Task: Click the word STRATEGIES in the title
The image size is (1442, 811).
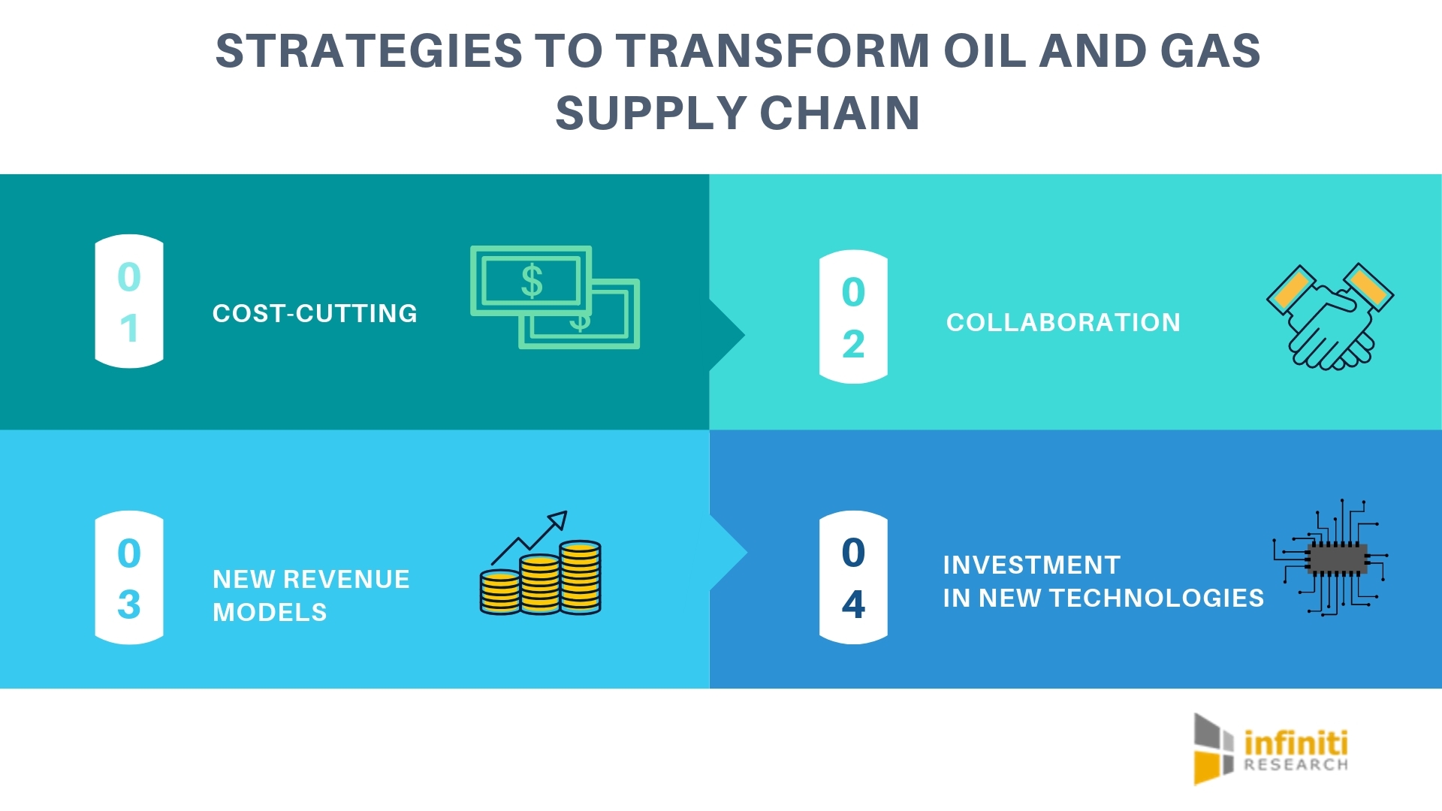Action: point(368,51)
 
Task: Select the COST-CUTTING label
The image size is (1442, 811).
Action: point(315,313)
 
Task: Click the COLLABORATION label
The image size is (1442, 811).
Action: point(1063,323)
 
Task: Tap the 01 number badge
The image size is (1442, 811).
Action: point(129,302)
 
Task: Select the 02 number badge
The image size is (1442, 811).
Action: point(853,317)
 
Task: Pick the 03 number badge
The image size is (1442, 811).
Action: point(129,578)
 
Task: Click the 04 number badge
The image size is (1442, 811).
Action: point(853,578)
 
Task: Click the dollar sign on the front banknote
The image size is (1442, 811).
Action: point(532,282)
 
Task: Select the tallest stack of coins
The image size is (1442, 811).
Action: point(580,577)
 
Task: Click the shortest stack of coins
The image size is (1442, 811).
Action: point(499,592)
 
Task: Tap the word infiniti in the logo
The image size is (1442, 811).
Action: point(1295,743)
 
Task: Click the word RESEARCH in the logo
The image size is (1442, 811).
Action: point(1295,765)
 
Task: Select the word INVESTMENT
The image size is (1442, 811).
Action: point(1031,565)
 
